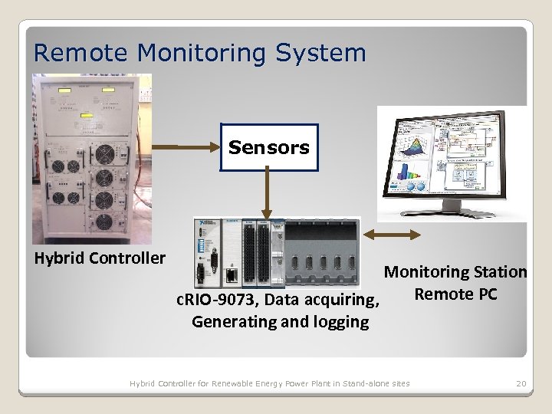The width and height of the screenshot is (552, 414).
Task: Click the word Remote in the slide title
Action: [x=82, y=53]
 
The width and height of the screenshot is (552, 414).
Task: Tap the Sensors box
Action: [x=268, y=147]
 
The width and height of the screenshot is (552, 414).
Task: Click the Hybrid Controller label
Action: [x=100, y=258]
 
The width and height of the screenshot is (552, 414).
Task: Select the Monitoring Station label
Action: [x=455, y=271]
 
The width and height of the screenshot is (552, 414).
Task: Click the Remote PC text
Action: [x=455, y=294]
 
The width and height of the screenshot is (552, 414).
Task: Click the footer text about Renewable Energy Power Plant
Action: [x=269, y=383]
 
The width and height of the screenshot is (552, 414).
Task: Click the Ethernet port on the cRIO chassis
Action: [x=229, y=274]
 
